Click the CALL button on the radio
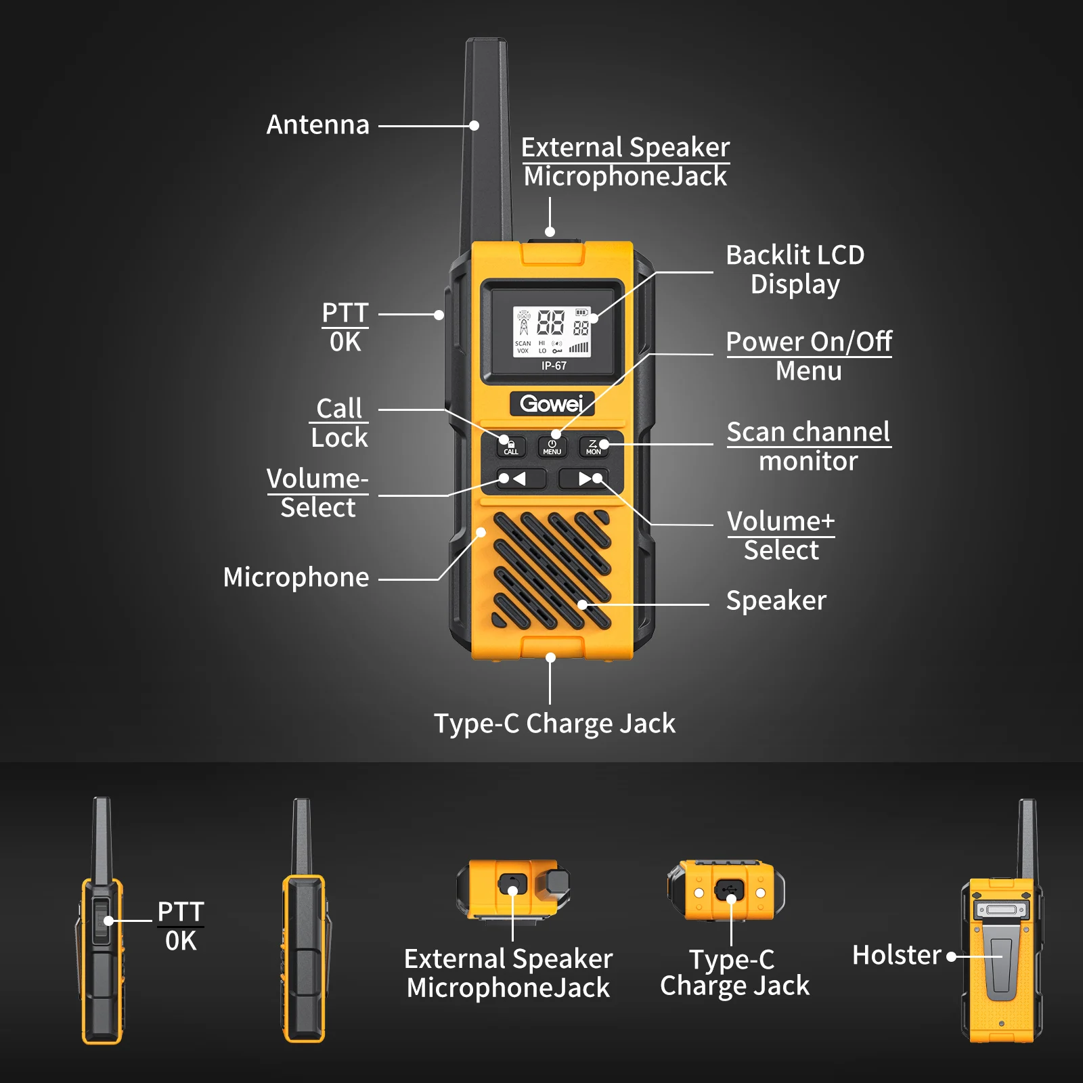(511, 447)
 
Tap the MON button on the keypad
(594, 447)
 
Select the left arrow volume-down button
(520, 479)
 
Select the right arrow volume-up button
(583, 479)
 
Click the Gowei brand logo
(552, 404)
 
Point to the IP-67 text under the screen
(554, 366)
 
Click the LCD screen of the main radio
(552, 332)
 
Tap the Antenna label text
(317, 125)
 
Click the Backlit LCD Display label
(795, 269)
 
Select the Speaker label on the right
(776, 601)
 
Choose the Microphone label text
(296, 578)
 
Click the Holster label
(896, 955)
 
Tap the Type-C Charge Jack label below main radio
(554, 724)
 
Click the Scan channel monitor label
(808, 446)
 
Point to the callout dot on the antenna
(474, 126)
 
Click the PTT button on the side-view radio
(101, 921)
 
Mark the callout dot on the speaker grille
(583, 604)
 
